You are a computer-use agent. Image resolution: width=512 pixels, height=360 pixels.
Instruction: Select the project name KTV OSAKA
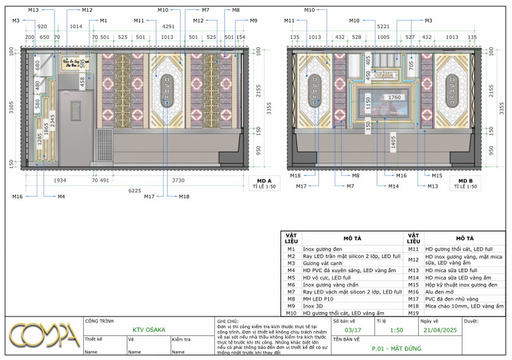149,330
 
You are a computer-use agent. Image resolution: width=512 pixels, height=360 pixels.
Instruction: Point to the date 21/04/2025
440,330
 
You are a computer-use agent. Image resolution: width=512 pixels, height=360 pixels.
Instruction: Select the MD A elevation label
264,181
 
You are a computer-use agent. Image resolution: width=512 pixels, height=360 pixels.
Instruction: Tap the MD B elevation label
465,181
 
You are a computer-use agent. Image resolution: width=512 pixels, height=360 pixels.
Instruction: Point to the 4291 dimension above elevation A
168,26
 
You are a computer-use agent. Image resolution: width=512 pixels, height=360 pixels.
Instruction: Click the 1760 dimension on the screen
394,97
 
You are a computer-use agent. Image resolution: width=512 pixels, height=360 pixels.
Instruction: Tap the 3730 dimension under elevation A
178,180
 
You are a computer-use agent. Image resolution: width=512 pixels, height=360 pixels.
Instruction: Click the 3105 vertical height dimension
11,108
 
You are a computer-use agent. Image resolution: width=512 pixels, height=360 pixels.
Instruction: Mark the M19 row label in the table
413,313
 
